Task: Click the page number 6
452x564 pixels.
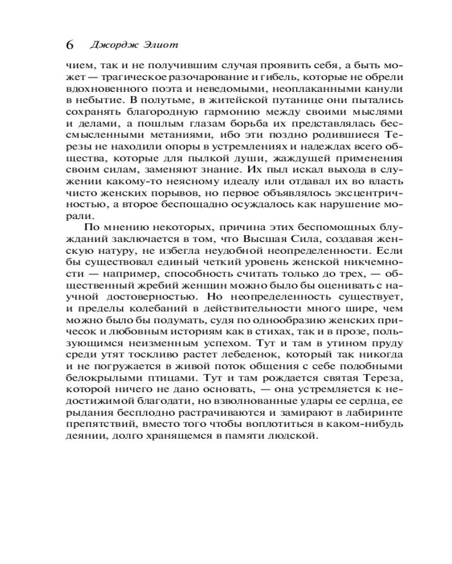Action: [70, 45]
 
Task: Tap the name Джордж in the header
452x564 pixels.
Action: [107, 45]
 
